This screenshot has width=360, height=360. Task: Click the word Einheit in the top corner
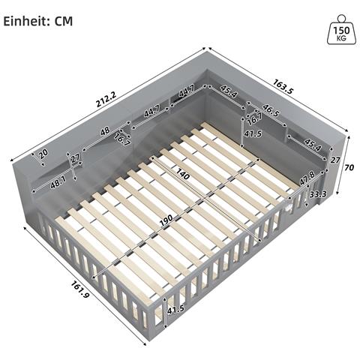tap(26, 20)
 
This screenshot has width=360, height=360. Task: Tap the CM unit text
tap(63, 20)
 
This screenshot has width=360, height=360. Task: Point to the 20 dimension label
tap(43, 154)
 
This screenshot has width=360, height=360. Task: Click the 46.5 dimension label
tap(271, 112)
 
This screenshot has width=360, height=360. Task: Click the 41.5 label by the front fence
tap(175, 310)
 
